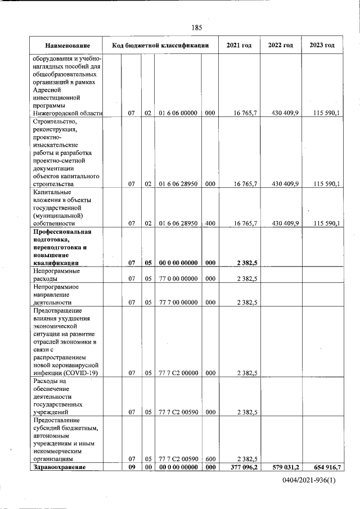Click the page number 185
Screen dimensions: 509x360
196,28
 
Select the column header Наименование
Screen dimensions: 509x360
67,45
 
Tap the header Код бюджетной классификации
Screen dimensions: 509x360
160,45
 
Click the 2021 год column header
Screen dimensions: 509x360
238,45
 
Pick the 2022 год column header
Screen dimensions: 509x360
281,45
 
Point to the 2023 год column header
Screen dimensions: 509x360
322,45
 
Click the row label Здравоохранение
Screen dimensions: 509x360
60,467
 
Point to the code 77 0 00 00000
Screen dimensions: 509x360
177,278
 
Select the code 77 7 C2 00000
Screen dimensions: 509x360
177,372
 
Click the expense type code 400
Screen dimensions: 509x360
209,223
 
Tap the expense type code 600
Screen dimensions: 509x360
209,459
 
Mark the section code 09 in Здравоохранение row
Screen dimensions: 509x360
131,467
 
